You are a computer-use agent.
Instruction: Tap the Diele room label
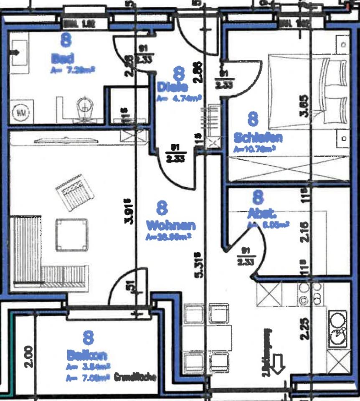(x=172, y=87)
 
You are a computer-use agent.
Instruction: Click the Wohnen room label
(x=170, y=226)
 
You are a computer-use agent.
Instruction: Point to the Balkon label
(x=87, y=355)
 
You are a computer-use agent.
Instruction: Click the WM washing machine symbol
(x=20, y=112)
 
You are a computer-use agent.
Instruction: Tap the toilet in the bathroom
(x=85, y=105)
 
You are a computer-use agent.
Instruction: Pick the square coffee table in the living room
(x=72, y=234)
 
